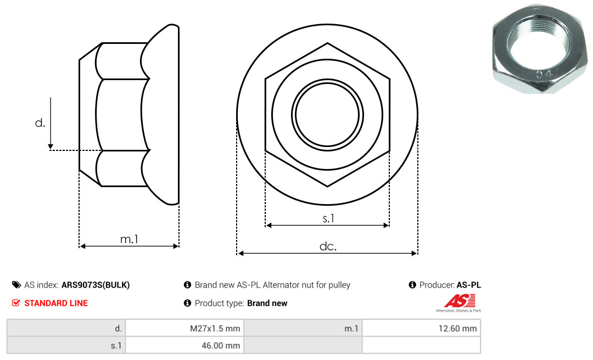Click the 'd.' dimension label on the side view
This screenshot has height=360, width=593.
(x=40, y=123)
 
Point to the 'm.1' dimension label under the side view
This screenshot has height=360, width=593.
(x=129, y=239)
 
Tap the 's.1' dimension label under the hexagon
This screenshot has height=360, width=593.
(x=328, y=218)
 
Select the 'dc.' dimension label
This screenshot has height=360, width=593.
(x=328, y=246)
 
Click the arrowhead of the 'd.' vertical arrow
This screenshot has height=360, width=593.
(x=51, y=147)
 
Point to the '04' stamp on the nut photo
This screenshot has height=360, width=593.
(x=544, y=74)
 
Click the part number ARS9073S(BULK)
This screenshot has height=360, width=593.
(x=96, y=285)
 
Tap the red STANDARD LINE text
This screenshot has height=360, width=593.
(x=56, y=303)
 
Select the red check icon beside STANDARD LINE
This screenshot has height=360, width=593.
(x=16, y=302)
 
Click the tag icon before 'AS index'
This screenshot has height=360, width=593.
(x=16, y=285)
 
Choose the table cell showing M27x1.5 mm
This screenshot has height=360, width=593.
(x=184, y=328)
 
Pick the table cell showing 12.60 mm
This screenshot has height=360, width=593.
(x=421, y=328)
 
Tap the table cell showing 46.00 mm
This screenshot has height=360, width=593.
(x=184, y=345)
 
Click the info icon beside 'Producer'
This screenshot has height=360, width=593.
(x=412, y=285)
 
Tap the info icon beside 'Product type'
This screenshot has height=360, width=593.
(x=187, y=303)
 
